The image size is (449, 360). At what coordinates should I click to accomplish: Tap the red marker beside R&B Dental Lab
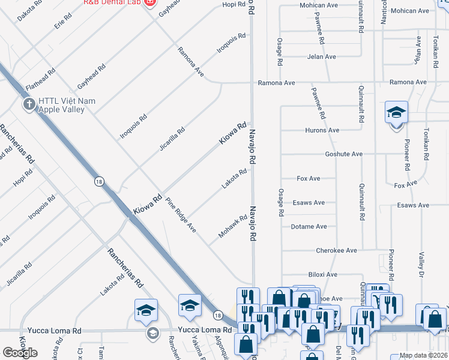click(x=149, y=3)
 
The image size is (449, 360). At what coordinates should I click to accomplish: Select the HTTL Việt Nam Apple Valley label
click(x=67, y=106)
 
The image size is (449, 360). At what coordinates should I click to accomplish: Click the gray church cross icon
click(x=28, y=105)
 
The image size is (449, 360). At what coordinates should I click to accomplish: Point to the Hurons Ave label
click(x=322, y=130)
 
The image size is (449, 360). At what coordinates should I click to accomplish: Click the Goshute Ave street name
click(x=343, y=154)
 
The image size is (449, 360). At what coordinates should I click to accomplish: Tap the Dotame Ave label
click(x=309, y=227)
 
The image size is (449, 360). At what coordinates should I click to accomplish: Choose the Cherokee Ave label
click(x=337, y=250)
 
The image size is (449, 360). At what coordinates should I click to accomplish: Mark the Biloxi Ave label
click(x=322, y=274)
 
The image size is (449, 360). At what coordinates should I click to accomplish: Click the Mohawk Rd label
click(x=233, y=226)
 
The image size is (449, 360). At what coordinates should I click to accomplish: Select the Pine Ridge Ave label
click(x=181, y=214)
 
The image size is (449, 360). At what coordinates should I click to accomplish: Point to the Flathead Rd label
click(x=41, y=79)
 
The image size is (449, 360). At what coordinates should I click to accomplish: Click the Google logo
click(x=20, y=353)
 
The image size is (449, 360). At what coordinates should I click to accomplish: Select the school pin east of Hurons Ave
click(x=396, y=112)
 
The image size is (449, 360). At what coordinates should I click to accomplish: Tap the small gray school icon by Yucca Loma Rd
click(x=153, y=333)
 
